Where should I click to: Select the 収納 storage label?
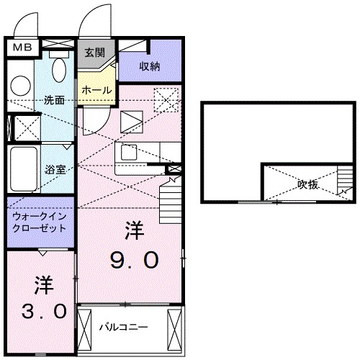pyautogui.click(x=150, y=67)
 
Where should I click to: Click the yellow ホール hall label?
pyautogui.click(x=96, y=90)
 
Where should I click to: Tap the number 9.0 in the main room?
pyautogui.click(x=132, y=259)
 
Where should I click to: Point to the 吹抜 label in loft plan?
pyautogui.click(x=307, y=184)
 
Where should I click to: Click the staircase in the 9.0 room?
pyautogui.click(x=171, y=192)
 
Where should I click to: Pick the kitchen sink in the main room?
pyautogui.click(x=129, y=152)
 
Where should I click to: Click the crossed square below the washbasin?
pyautogui.click(x=27, y=127)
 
